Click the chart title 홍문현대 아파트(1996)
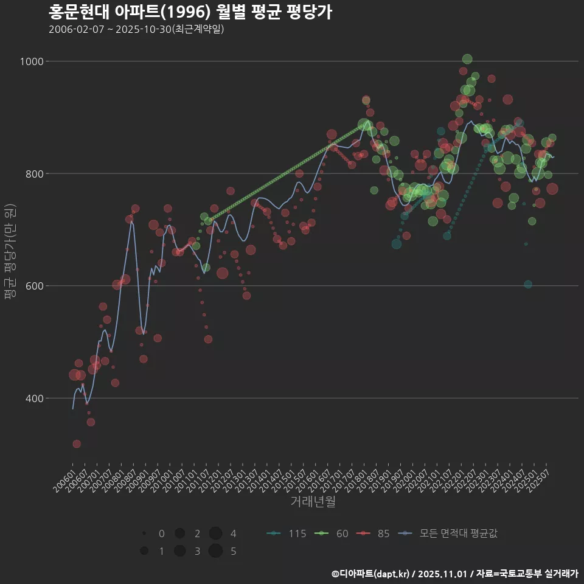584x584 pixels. click(x=190, y=12)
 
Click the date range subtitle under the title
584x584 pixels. click(x=136, y=29)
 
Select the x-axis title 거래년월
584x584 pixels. click(x=313, y=502)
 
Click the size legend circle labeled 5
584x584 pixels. click(x=215, y=551)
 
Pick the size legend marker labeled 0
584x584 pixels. click(x=144, y=534)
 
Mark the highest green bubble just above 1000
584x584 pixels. click(x=467, y=59)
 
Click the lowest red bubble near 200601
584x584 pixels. click(x=77, y=444)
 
